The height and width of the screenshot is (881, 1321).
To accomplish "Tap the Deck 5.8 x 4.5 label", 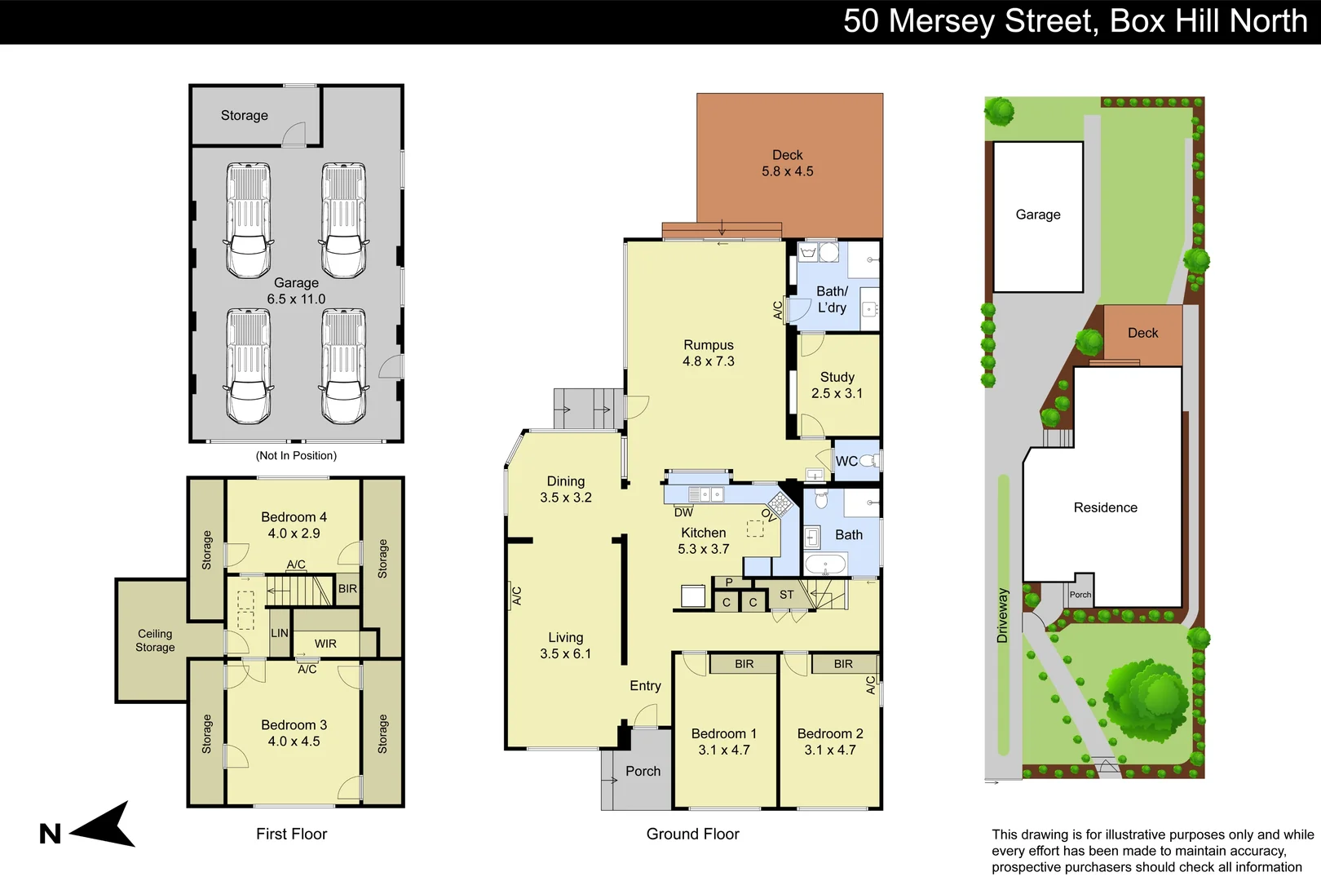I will click(x=787, y=163).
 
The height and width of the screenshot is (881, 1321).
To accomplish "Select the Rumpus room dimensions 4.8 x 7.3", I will click(x=708, y=361).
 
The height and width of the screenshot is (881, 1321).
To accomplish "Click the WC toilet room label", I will click(x=846, y=462).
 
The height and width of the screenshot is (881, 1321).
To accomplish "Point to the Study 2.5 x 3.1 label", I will click(x=837, y=385).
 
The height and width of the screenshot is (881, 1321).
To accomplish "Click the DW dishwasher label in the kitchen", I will click(x=683, y=512).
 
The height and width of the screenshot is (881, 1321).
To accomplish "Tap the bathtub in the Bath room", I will click(x=826, y=564).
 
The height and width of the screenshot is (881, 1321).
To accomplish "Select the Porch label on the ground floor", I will click(x=643, y=771).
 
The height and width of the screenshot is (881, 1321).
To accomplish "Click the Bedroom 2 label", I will click(x=829, y=733).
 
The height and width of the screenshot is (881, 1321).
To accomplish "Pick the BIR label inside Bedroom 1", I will click(x=744, y=664).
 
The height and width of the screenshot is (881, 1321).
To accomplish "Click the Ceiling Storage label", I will click(x=155, y=640).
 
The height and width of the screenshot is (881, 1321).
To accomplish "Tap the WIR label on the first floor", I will click(x=325, y=644).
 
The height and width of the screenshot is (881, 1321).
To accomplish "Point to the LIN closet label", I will click(x=280, y=633).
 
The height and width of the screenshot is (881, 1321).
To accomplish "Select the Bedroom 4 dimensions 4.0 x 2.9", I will click(x=294, y=533).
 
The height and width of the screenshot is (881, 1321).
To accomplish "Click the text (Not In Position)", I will click(x=296, y=455).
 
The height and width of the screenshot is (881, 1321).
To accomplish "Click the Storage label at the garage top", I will click(x=244, y=116).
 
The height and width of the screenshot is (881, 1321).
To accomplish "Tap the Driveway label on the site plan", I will click(x=1002, y=615).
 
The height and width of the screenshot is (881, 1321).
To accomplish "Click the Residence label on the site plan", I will click(x=1105, y=507).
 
